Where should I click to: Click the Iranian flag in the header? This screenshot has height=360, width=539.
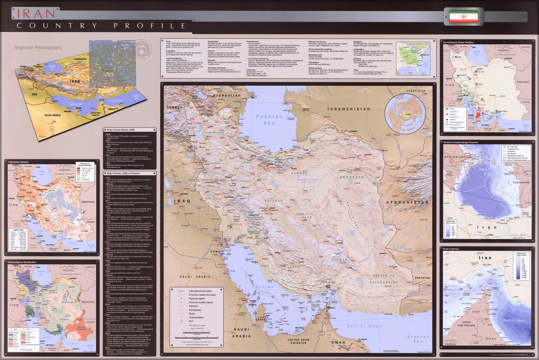click(x=463, y=16)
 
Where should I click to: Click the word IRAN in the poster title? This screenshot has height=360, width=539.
click(x=35, y=13)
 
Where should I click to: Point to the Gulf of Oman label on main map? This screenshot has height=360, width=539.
click(x=364, y=326)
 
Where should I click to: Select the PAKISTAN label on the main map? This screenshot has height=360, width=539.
click(x=422, y=278)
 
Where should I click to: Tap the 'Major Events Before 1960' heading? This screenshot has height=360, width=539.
click(x=122, y=130)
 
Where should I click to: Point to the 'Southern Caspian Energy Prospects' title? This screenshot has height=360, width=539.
click(x=466, y=141)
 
